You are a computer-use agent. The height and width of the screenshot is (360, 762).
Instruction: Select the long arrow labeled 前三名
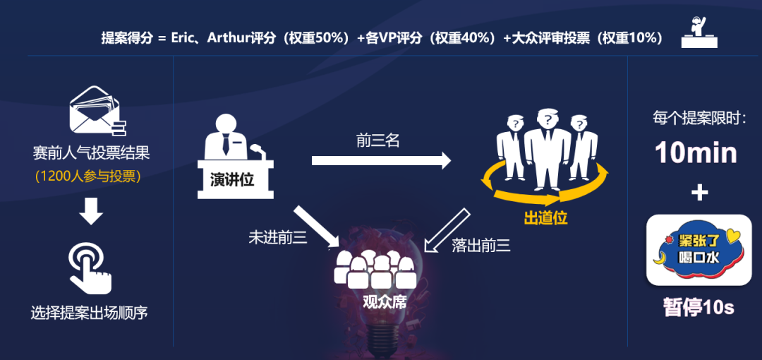(380, 161)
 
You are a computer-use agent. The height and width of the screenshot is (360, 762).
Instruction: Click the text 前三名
(378, 141)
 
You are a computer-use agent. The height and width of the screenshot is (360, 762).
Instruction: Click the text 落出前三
(481, 246)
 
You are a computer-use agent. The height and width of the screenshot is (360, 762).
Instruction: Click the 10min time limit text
(696, 152)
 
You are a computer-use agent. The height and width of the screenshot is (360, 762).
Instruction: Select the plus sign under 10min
(698, 193)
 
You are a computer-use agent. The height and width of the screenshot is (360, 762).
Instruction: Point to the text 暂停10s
(698, 308)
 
